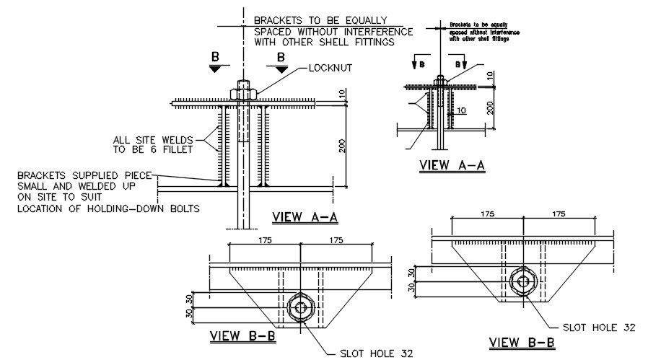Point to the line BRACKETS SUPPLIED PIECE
pyautogui.click(x=85, y=175)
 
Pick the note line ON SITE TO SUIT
pyautogui.click(x=59, y=197)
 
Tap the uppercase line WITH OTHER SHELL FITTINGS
pyautogui.click(x=325, y=43)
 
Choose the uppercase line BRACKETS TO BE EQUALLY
pyautogui.click(x=320, y=20)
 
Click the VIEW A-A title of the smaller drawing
pyautogui.click(x=452, y=166)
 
